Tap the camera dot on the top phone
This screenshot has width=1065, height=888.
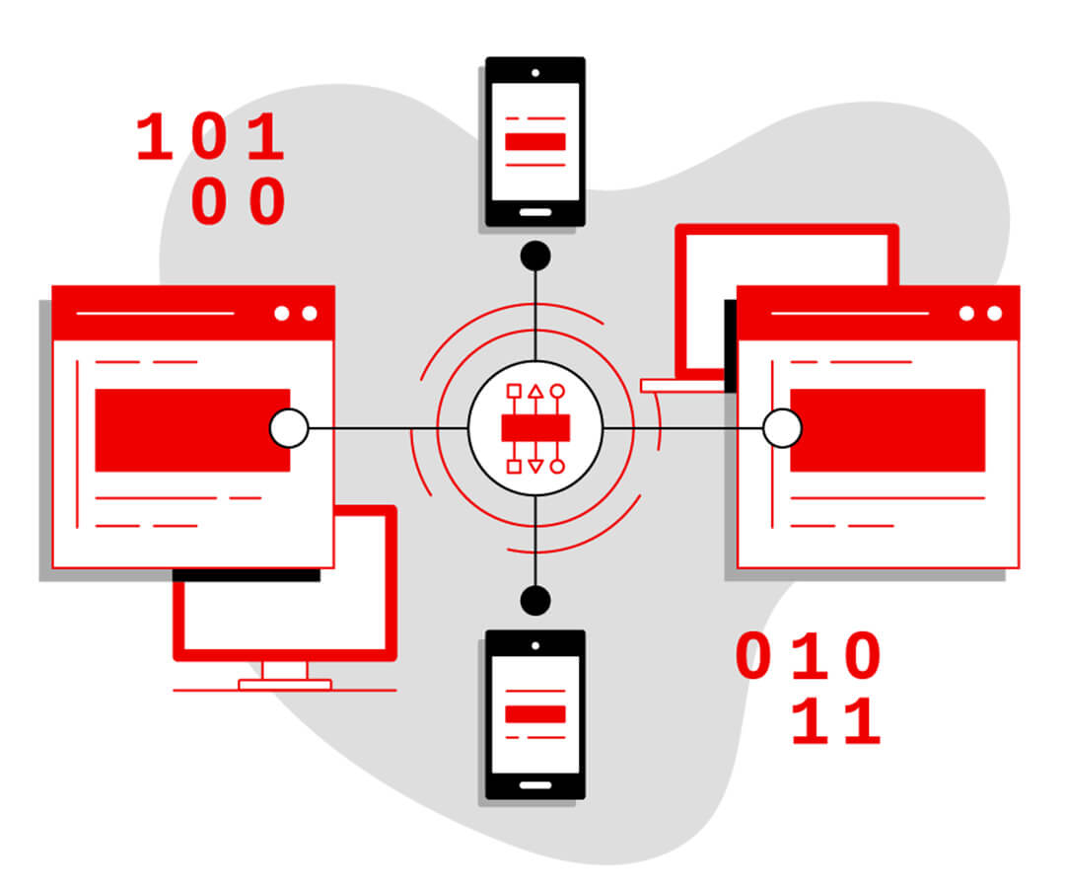click(x=535, y=73)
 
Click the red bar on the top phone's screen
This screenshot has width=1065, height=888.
click(x=535, y=141)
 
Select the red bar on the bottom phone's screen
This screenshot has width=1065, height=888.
click(x=535, y=714)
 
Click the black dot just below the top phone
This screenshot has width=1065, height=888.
click(x=535, y=257)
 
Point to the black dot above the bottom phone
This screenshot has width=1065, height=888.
click(x=535, y=601)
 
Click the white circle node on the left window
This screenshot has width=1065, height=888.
click(x=289, y=428)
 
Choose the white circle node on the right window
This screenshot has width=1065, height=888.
click(x=782, y=428)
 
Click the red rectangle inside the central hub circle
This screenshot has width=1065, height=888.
click(x=535, y=428)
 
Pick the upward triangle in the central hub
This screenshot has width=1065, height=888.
click(x=535, y=391)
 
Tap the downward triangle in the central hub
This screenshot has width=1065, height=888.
click(x=535, y=466)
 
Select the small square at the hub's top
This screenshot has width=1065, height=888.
click(x=514, y=391)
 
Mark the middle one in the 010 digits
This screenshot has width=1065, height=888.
click(x=809, y=655)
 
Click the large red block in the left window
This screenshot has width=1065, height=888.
click(x=192, y=430)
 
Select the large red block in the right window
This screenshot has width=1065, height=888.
click(x=887, y=430)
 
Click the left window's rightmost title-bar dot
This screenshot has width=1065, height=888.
click(x=310, y=313)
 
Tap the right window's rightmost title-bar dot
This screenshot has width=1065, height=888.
click(x=994, y=313)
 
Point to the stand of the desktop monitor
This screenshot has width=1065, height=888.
click(x=285, y=675)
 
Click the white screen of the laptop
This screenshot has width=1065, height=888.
click(x=787, y=300)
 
